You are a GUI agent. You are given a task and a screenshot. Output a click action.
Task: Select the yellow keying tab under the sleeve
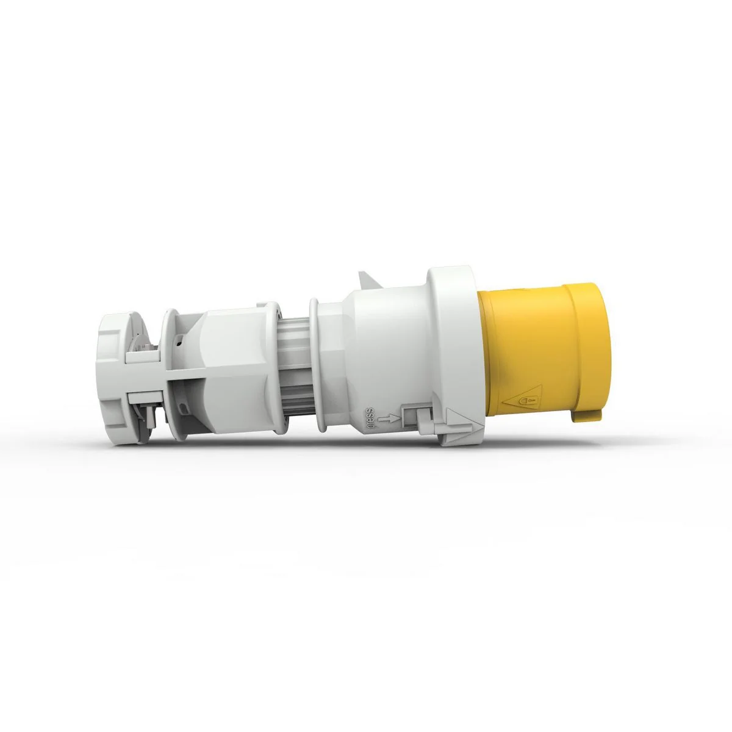tap(587, 416)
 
